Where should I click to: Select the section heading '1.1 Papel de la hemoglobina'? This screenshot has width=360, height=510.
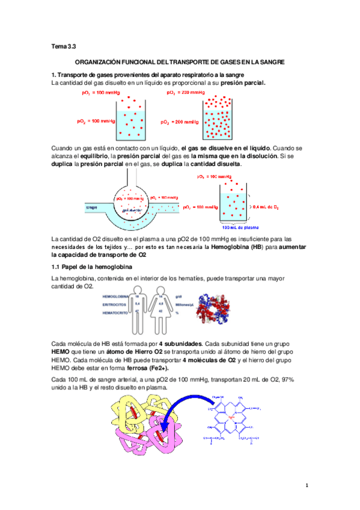coord(89,266)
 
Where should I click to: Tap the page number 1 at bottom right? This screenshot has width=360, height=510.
coord(307,485)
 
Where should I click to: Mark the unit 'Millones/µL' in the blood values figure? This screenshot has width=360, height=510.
coord(184,305)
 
